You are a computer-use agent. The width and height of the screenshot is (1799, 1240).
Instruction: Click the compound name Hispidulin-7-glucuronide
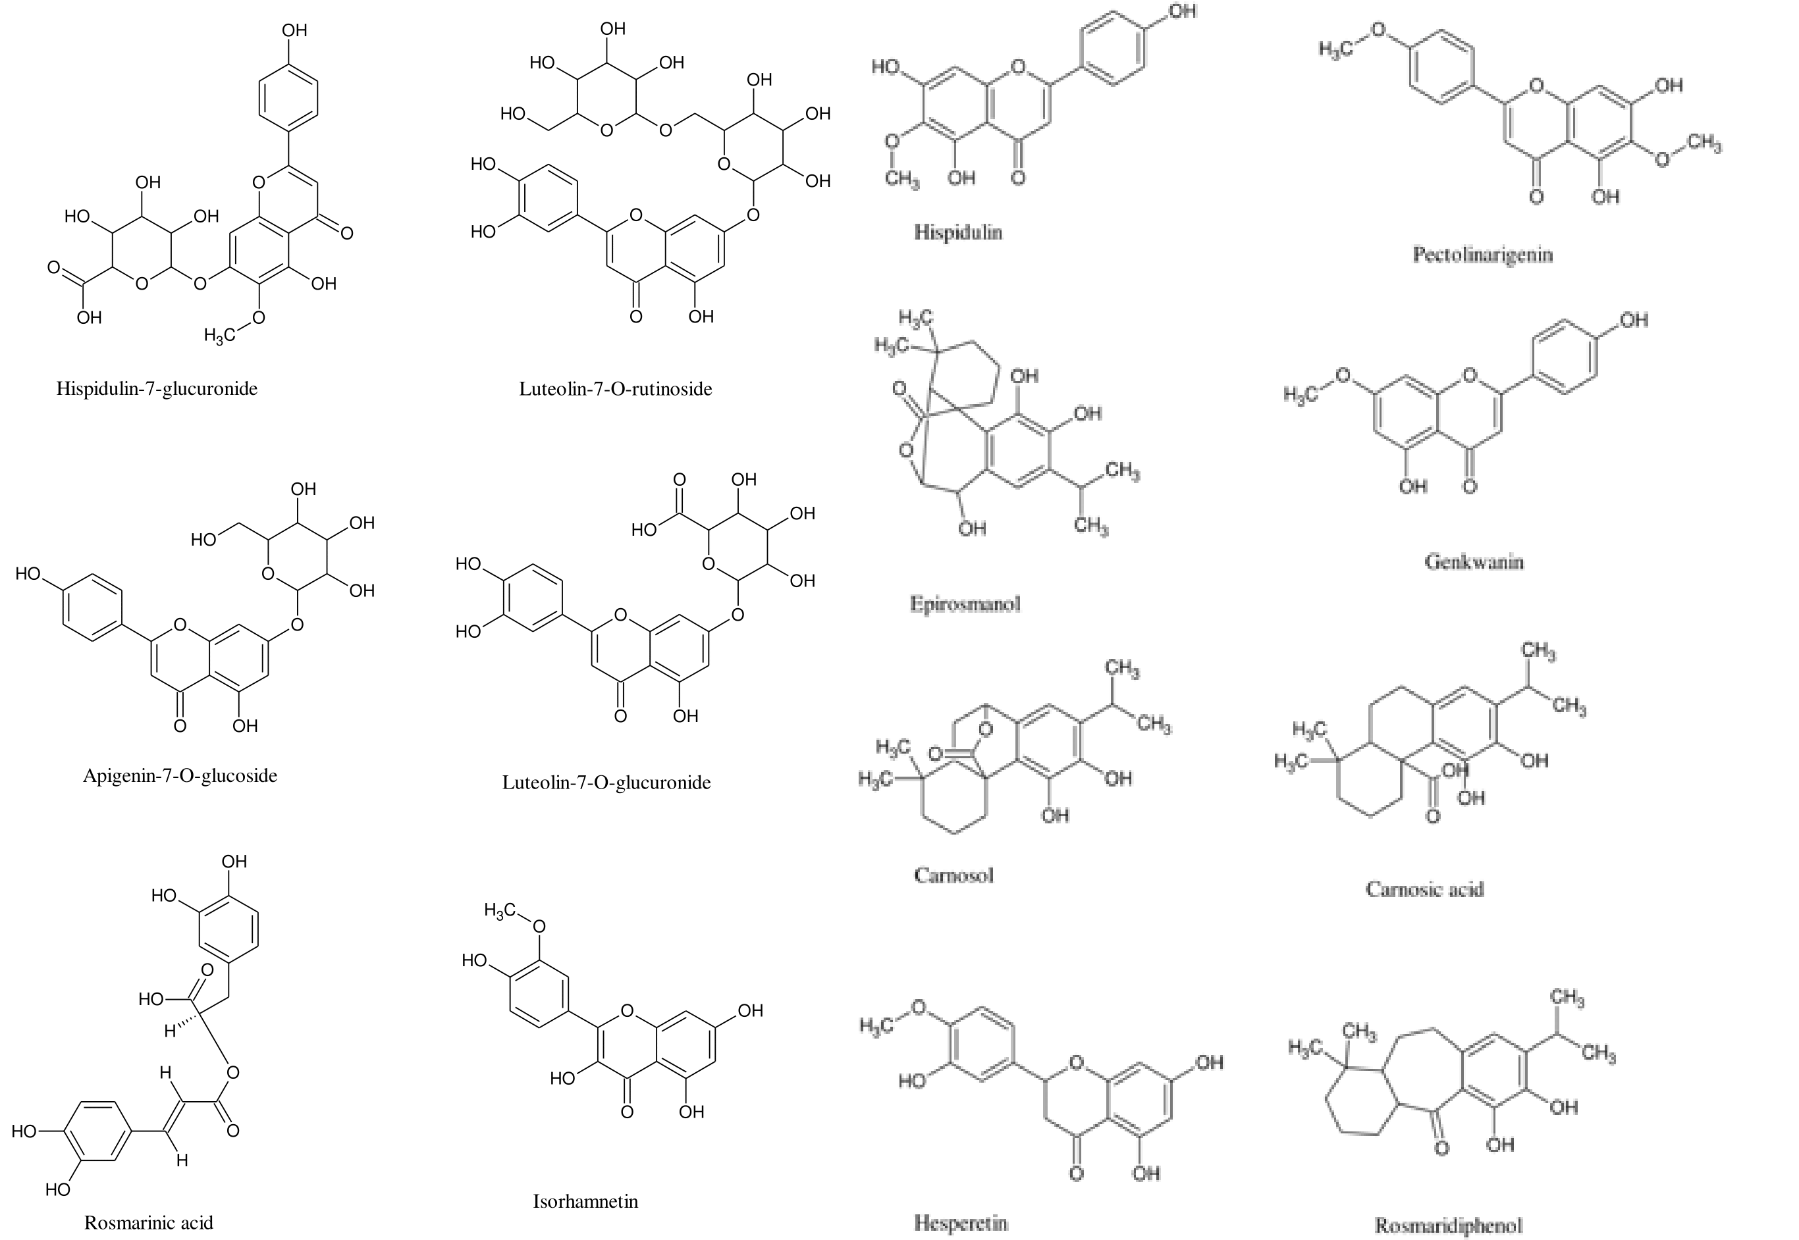click(x=156, y=388)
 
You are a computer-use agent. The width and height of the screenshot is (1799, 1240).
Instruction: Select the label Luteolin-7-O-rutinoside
click(x=616, y=388)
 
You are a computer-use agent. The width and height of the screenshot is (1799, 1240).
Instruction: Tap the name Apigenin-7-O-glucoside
click(x=180, y=775)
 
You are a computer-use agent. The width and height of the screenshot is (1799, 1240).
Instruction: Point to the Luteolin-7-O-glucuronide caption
click(x=606, y=783)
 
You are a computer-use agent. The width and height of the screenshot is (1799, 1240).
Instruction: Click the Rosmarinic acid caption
click(x=148, y=1223)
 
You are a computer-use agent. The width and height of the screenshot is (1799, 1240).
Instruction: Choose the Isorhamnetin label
click(x=585, y=1201)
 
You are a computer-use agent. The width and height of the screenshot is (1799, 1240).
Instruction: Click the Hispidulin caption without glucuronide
click(x=958, y=232)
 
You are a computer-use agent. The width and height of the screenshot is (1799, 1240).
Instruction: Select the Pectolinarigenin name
click(x=1482, y=255)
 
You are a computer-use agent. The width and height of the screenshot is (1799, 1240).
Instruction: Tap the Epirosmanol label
click(x=965, y=604)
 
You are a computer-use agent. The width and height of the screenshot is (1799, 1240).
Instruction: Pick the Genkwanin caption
click(x=1474, y=561)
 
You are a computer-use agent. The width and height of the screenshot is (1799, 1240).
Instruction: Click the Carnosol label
click(x=953, y=875)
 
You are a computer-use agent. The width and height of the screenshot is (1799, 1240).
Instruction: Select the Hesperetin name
click(x=961, y=1223)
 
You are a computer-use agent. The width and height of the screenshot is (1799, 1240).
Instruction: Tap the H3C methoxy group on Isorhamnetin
click(x=500, y=910)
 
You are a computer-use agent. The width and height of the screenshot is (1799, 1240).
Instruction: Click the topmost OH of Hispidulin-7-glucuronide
click(x=294, y=30)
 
